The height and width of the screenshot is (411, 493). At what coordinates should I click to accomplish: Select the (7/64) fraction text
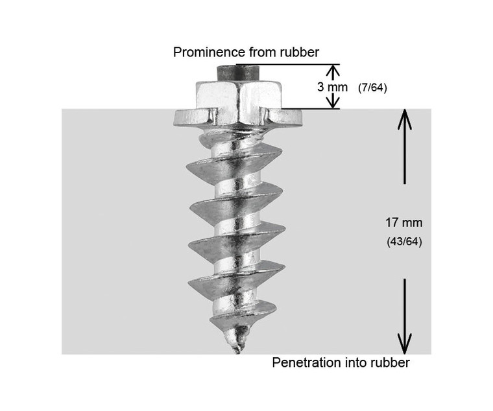(372, 88)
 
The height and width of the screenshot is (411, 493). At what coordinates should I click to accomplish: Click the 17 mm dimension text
(403, 222)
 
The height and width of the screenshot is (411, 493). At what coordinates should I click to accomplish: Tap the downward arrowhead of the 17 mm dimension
(404, 344)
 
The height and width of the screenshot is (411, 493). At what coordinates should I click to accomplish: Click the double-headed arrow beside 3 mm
(333, 86)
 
